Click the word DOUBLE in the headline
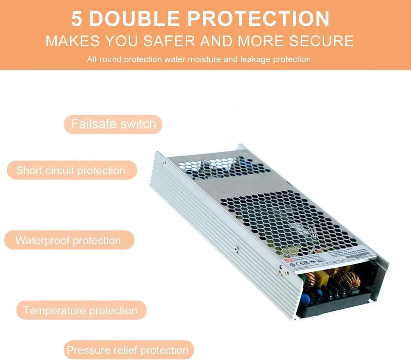coord(134,19)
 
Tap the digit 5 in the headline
coord(76,19)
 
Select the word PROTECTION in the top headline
coord(258,19)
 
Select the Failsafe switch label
coord(113,124)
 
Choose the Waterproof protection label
coord(69,240)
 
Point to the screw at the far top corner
coord(165,163)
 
